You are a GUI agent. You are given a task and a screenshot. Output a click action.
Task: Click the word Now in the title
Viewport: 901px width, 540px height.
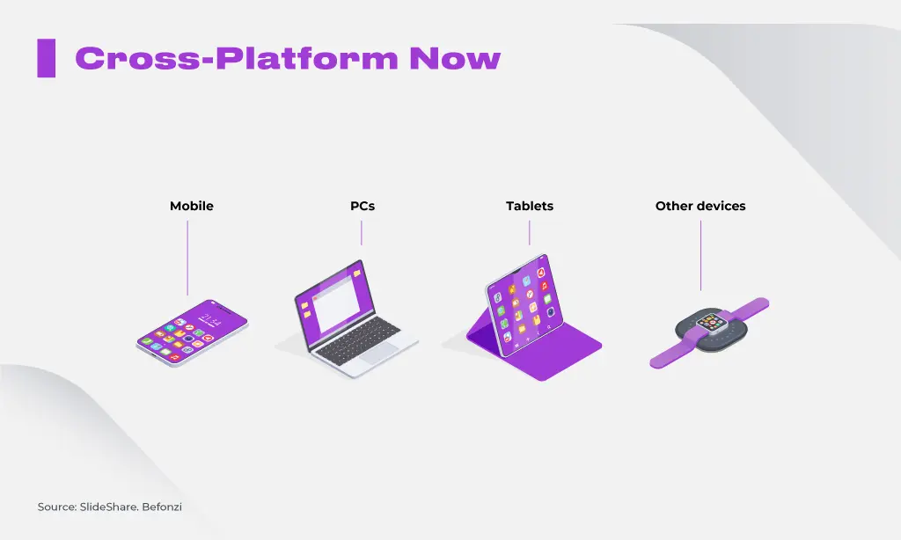point(455,58)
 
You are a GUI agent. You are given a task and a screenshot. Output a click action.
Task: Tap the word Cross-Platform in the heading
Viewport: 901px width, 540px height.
point(237,58)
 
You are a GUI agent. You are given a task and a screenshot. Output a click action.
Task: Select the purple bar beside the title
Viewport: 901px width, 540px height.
point(46,58)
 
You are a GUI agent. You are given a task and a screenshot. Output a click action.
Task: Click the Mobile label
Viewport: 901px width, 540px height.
point(191,206)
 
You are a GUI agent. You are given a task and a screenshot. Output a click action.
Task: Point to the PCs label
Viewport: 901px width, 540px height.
point(362,206)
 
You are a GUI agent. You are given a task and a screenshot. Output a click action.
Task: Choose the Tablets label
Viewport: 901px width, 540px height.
point(529,206)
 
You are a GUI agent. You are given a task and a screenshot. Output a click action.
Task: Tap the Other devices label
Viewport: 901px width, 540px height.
point(700,206)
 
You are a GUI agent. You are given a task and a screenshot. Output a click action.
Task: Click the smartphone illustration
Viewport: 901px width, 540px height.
point(193,332)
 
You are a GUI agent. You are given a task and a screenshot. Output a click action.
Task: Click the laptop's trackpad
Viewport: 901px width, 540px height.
point(380,353)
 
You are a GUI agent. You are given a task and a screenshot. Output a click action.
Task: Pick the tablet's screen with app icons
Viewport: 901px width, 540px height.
point(524,304)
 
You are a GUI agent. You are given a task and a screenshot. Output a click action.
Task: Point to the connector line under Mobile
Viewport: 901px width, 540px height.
point(187,258)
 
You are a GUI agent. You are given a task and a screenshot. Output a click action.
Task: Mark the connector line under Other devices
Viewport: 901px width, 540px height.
point(700,256)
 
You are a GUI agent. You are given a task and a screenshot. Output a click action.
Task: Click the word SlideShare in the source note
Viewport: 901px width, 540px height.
point(108,507)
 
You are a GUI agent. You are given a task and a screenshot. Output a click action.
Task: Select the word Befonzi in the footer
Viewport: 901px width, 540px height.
point(162,507)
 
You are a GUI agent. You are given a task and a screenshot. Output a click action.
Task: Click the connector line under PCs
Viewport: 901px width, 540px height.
point(362,233)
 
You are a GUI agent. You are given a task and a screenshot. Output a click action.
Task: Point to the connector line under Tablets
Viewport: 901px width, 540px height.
point(529,233)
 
